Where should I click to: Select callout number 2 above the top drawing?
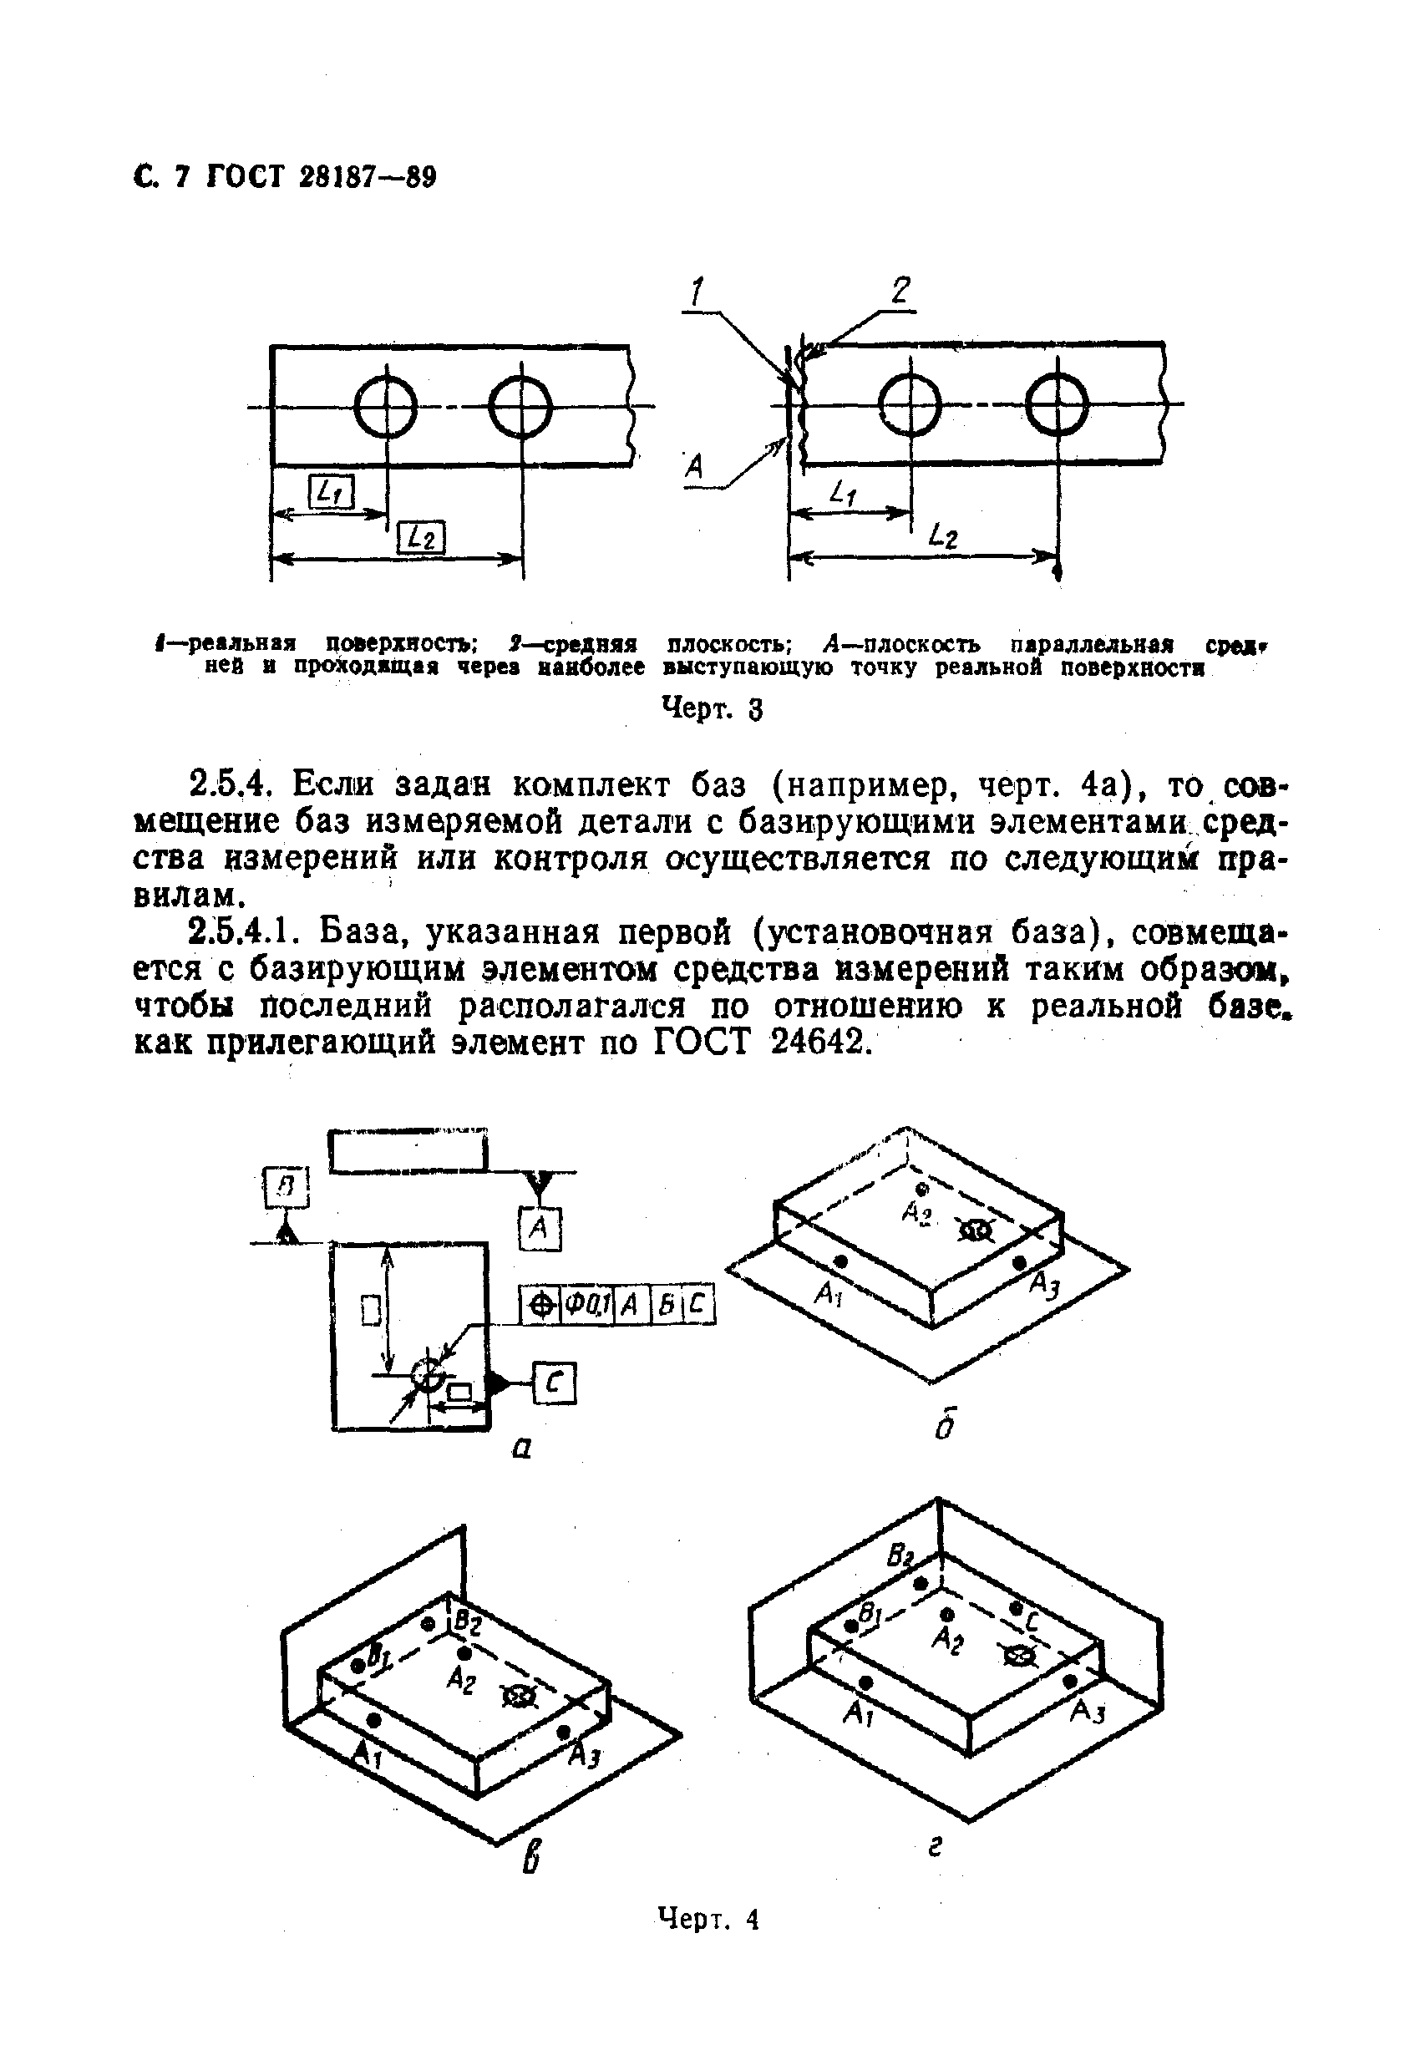899,291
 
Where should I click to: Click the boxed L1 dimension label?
330,493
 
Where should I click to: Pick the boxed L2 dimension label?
422,537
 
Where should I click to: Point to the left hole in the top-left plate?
386,406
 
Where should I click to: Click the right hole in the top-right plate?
1058,404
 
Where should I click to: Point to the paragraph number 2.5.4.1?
245,931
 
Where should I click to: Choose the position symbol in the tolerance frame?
540,1306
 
